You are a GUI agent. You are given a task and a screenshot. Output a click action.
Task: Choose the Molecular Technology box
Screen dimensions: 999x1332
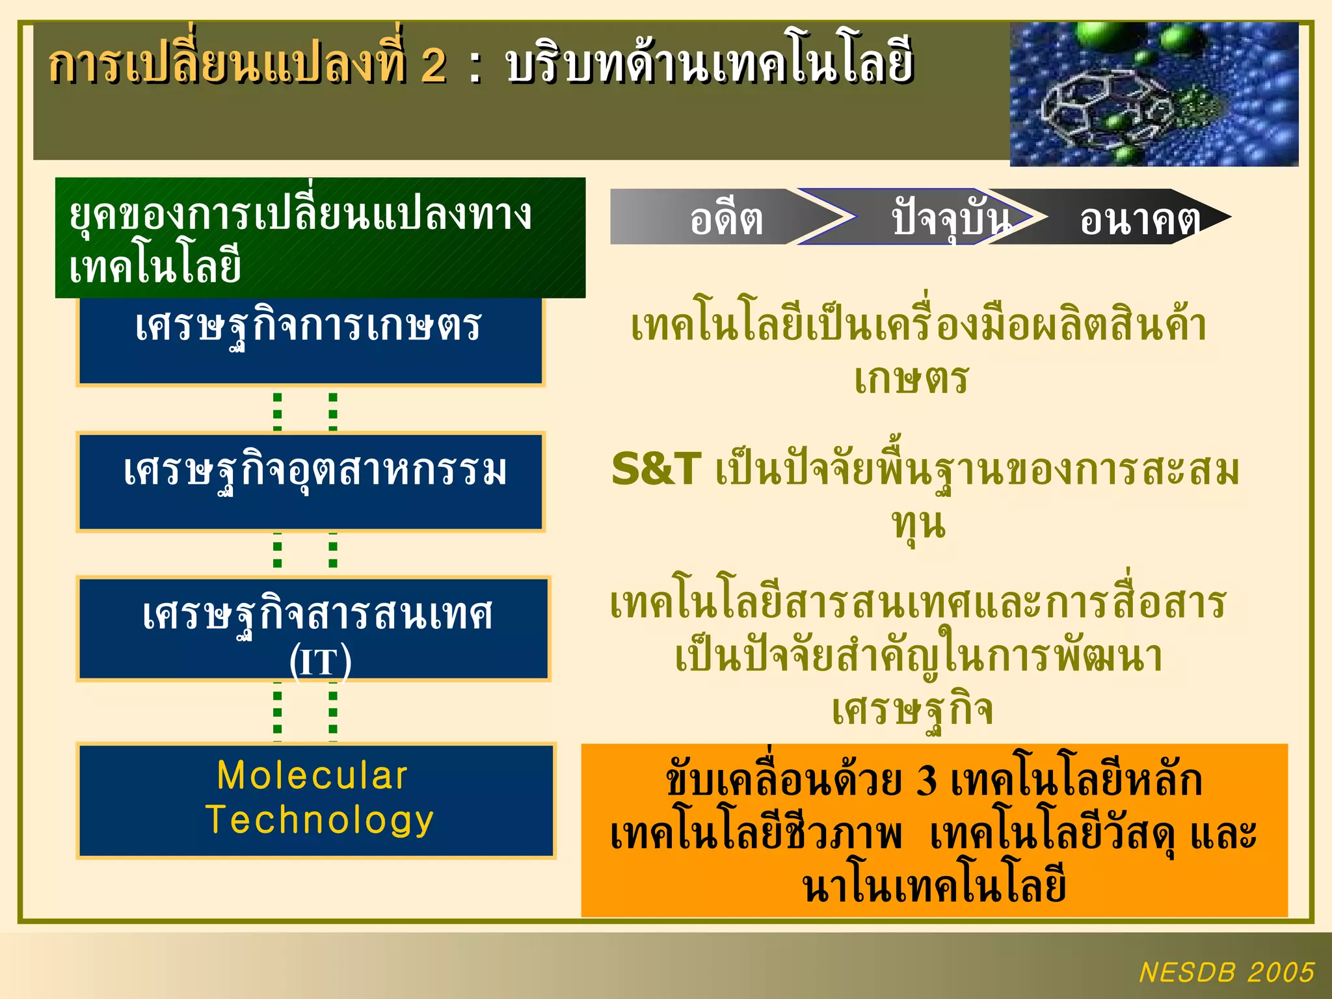(316, 801)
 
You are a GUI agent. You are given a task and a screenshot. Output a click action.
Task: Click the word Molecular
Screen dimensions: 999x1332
(312, 776)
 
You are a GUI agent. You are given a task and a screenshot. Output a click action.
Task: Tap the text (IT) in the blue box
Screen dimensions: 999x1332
(320, 662)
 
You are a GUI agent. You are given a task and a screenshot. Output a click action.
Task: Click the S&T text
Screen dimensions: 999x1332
(656, 470)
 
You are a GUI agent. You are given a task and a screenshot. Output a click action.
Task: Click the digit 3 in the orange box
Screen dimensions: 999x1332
(926, 780)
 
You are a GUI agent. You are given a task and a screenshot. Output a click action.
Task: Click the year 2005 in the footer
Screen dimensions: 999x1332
(1281, 972)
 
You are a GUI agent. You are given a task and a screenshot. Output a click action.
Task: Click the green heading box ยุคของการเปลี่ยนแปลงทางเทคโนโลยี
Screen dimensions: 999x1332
(320, 238)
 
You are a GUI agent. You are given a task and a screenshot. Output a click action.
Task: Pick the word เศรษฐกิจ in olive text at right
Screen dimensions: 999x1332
(912, 710)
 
